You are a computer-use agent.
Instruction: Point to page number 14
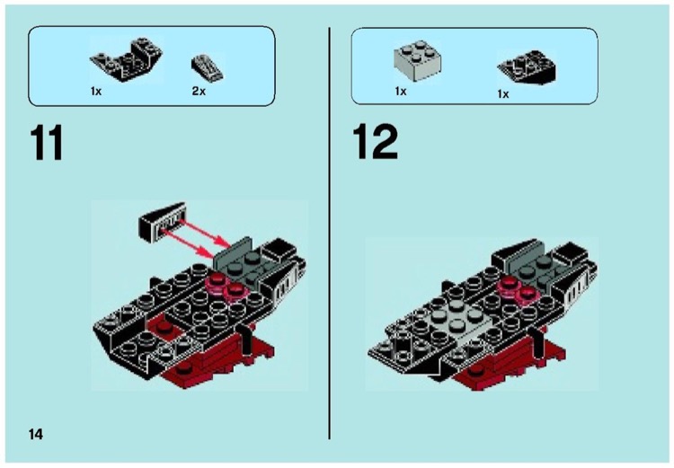click(35, 434)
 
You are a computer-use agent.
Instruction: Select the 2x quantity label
click(199, 92)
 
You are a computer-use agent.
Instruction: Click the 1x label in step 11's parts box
click(96, 92)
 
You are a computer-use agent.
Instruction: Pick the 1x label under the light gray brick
click(401, 92)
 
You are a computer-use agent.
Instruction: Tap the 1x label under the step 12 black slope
click(503, 93)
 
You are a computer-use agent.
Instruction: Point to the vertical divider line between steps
click(330, 234)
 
